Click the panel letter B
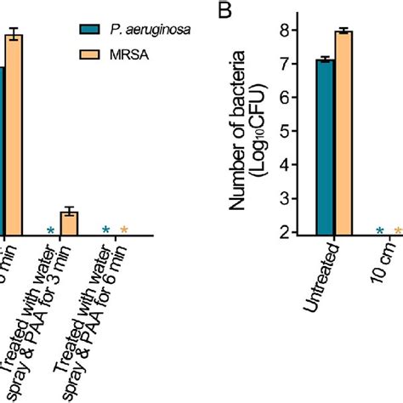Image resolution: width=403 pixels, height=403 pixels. point(225,11)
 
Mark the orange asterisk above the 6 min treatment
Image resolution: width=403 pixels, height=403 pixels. point(124,230)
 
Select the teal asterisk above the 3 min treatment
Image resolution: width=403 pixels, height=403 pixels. point(51,230)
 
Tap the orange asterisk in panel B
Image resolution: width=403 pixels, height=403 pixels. point(398,230)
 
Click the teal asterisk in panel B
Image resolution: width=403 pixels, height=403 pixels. point(380,230)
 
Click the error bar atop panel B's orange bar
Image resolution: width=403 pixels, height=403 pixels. point(343,31)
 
